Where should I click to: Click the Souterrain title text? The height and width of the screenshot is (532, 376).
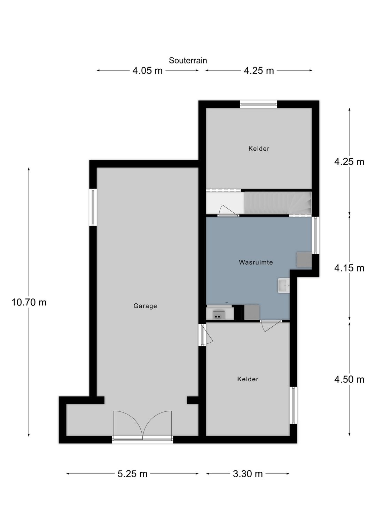188,61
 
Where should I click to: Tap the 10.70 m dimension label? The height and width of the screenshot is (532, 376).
29,302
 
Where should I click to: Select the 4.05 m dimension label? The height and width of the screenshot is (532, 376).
147,71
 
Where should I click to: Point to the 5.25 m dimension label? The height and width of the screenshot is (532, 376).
132,474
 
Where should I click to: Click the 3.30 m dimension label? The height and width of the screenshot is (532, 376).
248,474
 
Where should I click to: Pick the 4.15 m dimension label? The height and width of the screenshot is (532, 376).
349,268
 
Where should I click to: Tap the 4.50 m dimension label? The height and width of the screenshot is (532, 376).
349,380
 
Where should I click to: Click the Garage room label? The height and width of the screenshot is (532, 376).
145,306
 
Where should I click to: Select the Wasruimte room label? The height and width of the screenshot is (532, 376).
256,262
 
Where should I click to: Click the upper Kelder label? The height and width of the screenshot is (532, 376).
259,149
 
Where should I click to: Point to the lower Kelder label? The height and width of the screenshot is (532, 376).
248,379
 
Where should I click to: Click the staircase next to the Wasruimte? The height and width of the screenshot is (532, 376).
277,203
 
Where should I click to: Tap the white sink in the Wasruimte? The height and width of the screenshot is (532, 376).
283,286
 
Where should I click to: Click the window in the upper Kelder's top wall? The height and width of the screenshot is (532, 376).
258,104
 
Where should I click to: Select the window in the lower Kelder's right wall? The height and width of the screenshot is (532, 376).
293,405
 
